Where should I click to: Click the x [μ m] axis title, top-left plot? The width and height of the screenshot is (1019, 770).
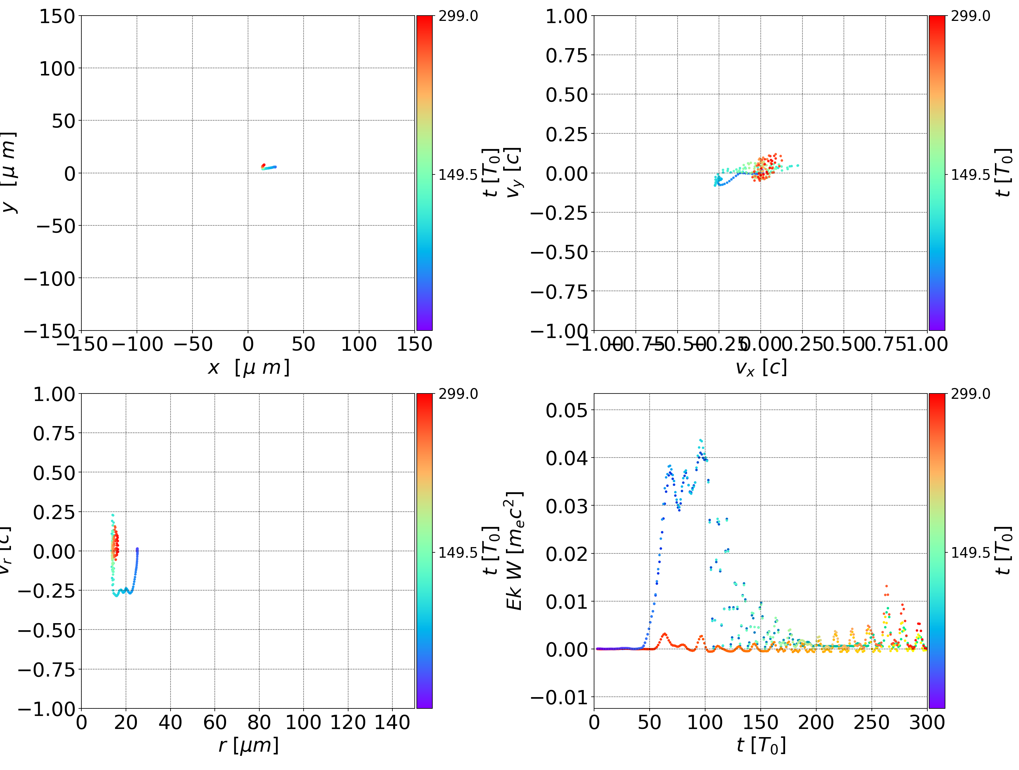click(249, 368)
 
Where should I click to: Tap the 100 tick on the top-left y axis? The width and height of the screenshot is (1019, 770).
click(57, 69)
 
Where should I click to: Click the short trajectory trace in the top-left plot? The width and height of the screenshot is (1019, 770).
click(269, 167)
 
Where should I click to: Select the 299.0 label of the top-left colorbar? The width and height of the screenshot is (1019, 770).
click(458, 16)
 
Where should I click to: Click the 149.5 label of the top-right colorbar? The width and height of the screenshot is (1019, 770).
click(970, 175)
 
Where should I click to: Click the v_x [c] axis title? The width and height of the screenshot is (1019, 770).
click(761, 368)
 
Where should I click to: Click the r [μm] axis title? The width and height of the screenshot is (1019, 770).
click(249, 746)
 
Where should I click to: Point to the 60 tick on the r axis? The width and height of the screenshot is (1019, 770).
click(215, 722)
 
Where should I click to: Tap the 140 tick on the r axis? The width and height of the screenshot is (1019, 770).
click(392, 722)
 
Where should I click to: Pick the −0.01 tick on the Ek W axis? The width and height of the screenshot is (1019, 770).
click(560, 698)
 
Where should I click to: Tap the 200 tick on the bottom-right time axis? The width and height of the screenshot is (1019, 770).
click(816, 722)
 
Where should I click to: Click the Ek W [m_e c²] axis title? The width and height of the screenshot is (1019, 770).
click(514, 551)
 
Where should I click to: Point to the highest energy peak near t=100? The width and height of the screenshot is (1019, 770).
click(701, 441)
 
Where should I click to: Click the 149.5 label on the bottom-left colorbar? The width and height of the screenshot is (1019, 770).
click(458, 552)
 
